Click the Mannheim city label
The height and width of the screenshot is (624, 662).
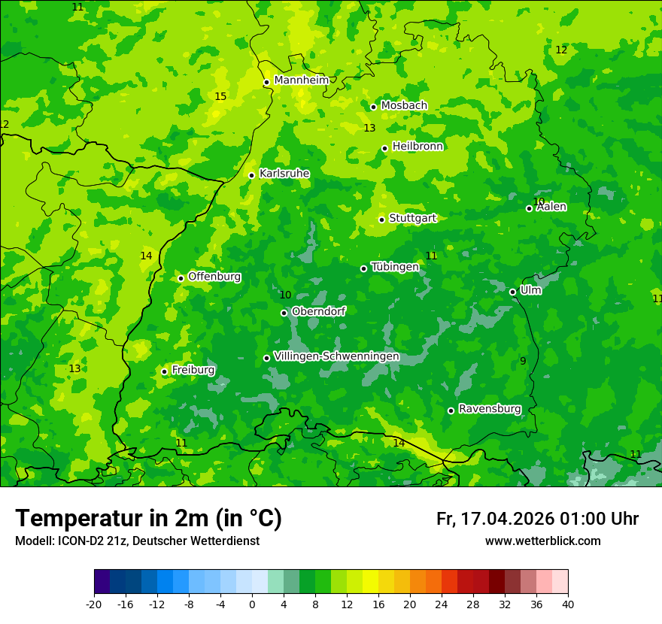click(x=301, y=80)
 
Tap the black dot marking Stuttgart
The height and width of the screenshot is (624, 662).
click(x=381, y=220)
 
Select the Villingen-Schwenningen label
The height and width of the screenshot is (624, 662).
click(x=336, y=356)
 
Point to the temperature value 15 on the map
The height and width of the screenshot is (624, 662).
click(x=220, y=96)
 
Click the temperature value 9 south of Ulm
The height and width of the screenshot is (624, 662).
click(x=523, y=362)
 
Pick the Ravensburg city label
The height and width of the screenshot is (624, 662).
click(x=490, y=409)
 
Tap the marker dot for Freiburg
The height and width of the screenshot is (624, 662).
click(x=164, y=371)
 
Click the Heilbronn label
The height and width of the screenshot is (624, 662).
click(x=418, y=147)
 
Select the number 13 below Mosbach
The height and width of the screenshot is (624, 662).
click(x=369, y=129)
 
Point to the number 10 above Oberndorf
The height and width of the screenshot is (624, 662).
click(x=285, y=295)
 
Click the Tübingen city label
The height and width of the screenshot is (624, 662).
click(x=395, y=267)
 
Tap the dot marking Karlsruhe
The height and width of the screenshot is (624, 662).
click(x=251, y=175)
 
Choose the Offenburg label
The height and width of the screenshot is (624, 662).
click(x=214, y=277)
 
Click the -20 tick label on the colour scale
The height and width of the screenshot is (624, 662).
click(x=94, y=604)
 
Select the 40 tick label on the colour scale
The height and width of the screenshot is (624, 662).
click(x=568, y=604)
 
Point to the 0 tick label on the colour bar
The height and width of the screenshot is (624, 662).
click(x=252, y=604)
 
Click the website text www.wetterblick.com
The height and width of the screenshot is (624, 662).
click(x=542, y=541)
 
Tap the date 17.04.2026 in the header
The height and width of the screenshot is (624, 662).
click(x=508, y=519)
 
